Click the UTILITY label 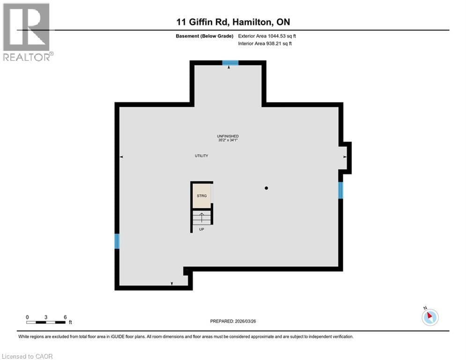pyautogui.click(x=201, y=156)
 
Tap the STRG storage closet pyautogui.click(x=201, y=195)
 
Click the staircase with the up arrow pyautogui.click(x=201, y=217)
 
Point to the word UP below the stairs pyautogui.click(x=201, y=229)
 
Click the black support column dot pyautogui.click(x=266, y=188)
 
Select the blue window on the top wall pyautogui.click(x=230, y=63)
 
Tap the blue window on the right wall pyautogui.click(x=340, y=190)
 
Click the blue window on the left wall pyautogui.click(x=117, y=241)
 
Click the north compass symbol pyautogui.click(x=429, y=317)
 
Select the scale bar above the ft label pyautogui.click(x=46, y=322)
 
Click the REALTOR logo pyautogui.click(x=28, y=32)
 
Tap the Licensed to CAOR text pyautogui.click(x=28, y=356)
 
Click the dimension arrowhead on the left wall pyautogui.click(x=122, y=157)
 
